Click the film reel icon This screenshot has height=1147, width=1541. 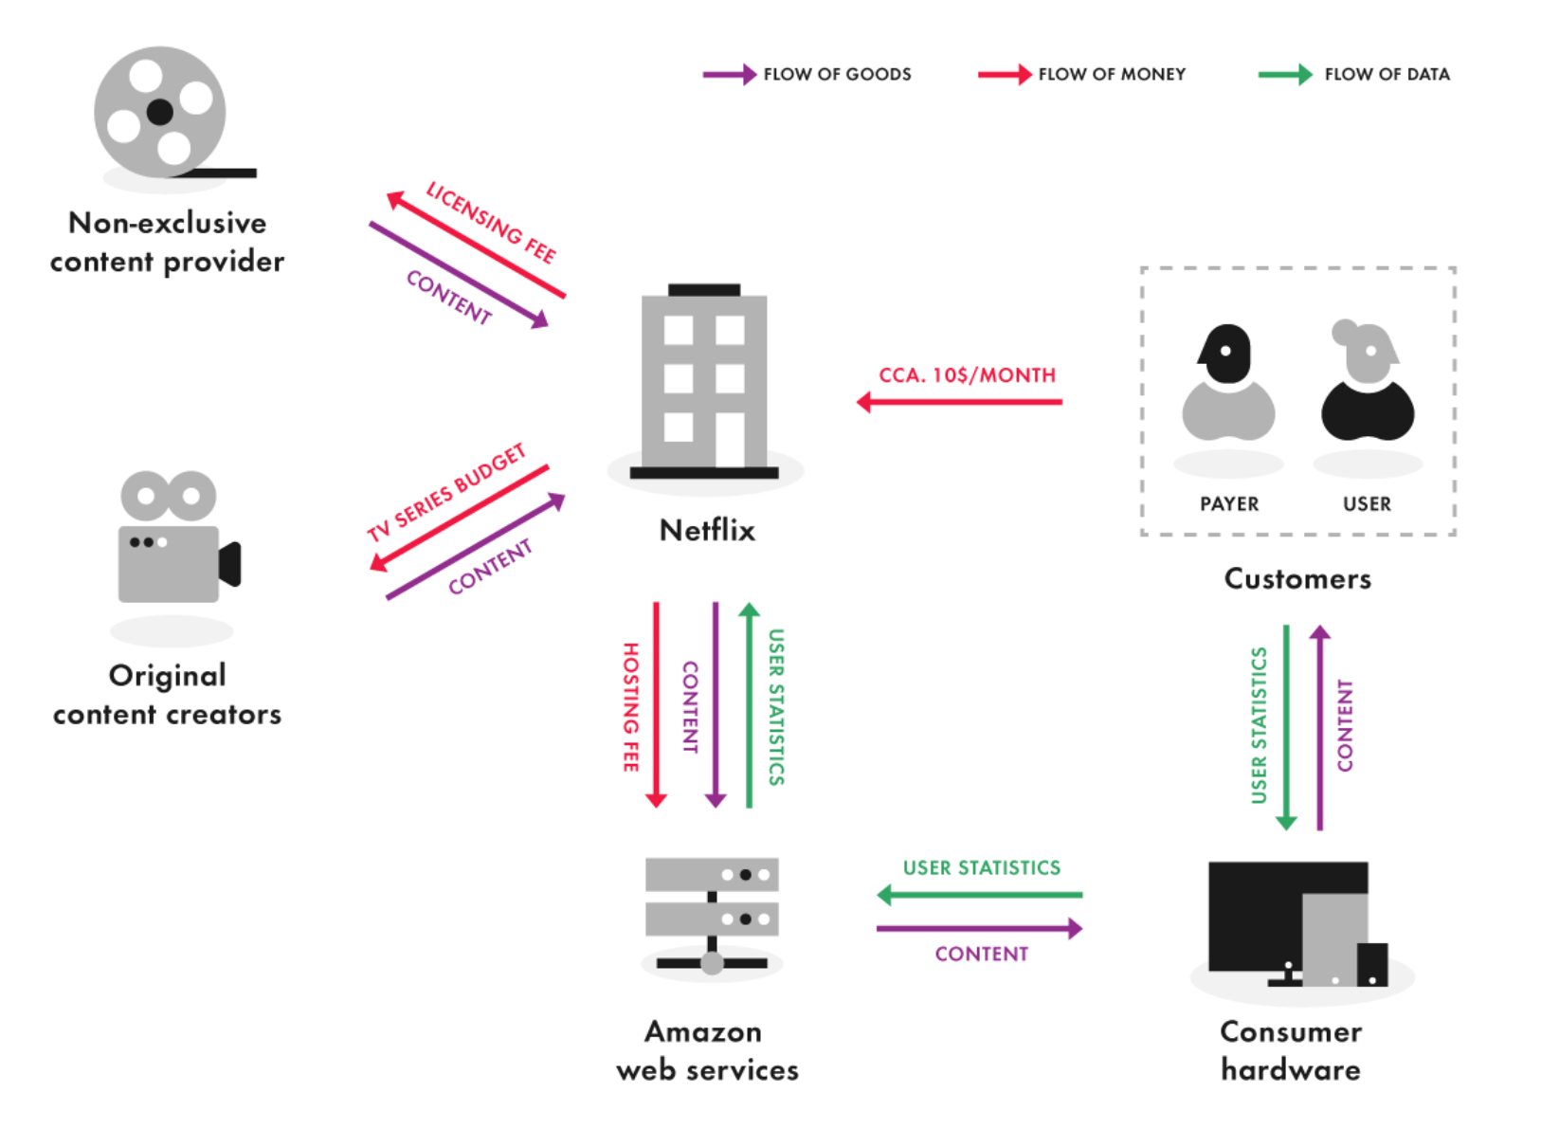click(160, 113)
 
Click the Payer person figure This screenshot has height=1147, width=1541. click(1228, 383)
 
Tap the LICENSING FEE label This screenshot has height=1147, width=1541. click(491, 222)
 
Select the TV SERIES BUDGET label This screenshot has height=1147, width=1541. click(446, 492)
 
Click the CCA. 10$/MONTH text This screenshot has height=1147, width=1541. click(967, 375)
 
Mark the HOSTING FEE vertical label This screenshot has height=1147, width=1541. click(630, 707)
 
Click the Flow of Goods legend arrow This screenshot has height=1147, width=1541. click(729, 75)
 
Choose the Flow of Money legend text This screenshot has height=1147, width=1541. click(1112, 75)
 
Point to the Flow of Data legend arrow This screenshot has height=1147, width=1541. click(1285, 75)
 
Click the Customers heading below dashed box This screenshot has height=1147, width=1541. click(1296, 578)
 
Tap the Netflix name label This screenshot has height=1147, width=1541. click(707, 530)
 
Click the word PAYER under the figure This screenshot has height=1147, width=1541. click(1229, 504)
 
